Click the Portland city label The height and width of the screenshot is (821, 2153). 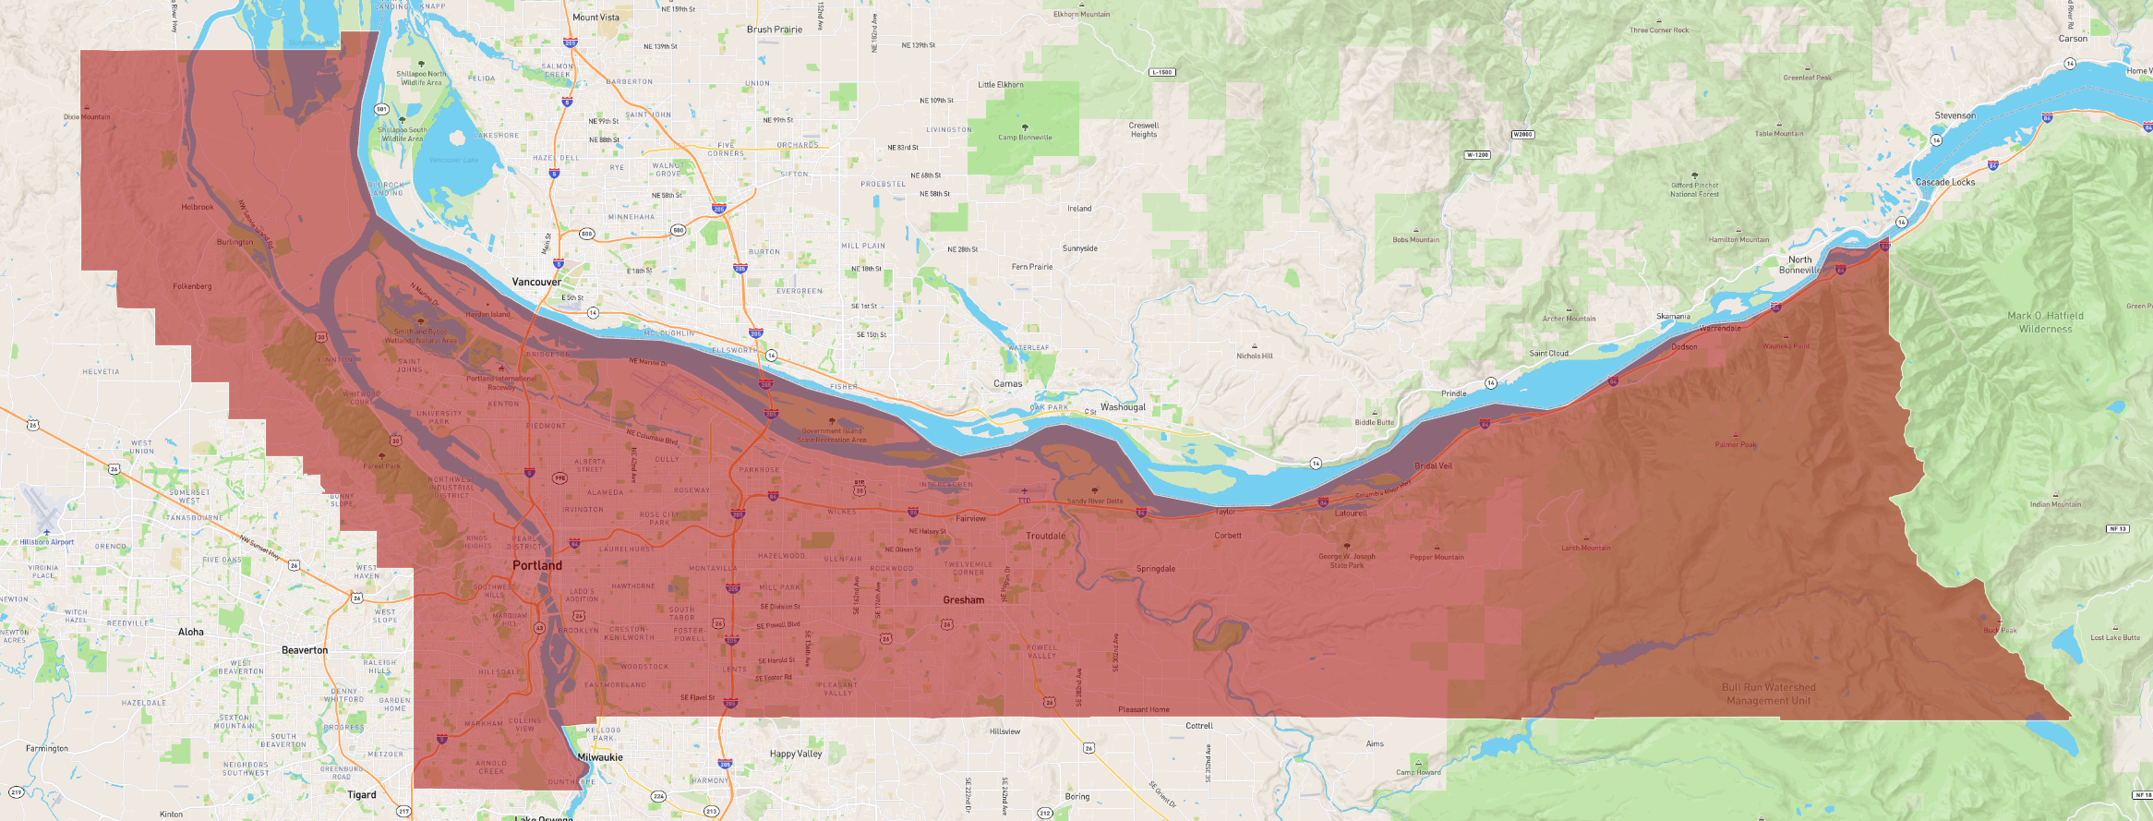(x=536, y=565)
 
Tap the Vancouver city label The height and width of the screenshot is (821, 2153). (x=536, y=282)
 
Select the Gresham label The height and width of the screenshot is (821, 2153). (x=963, y=600)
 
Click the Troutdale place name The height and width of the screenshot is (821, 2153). (x=1045, y=536)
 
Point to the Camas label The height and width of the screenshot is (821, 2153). (x=1007, y=383)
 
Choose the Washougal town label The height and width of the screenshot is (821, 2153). (x=1123, y=406)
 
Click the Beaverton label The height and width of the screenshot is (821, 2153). (x=305, y=650)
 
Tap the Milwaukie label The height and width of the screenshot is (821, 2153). (x=600, y=757)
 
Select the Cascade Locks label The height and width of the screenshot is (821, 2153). (x=1944, y=182)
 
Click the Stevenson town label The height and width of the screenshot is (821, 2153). (x=1955, y=115)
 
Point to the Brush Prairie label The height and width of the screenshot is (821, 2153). (x=774, y=30)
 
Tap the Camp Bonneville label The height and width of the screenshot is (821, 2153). (x=1024, y=138)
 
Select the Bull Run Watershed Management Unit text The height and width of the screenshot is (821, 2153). (x=1768, y=694)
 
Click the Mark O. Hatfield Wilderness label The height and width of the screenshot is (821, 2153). (x=2045, y=322)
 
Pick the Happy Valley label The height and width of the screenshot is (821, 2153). (x=795, y=754)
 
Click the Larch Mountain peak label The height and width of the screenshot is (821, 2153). (x=1585, y=548)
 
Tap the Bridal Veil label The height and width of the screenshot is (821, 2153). (x=1433, y=465)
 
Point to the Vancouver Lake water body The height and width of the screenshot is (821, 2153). (x=454, y=160)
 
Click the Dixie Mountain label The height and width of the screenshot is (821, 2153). (x=87, y=117)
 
